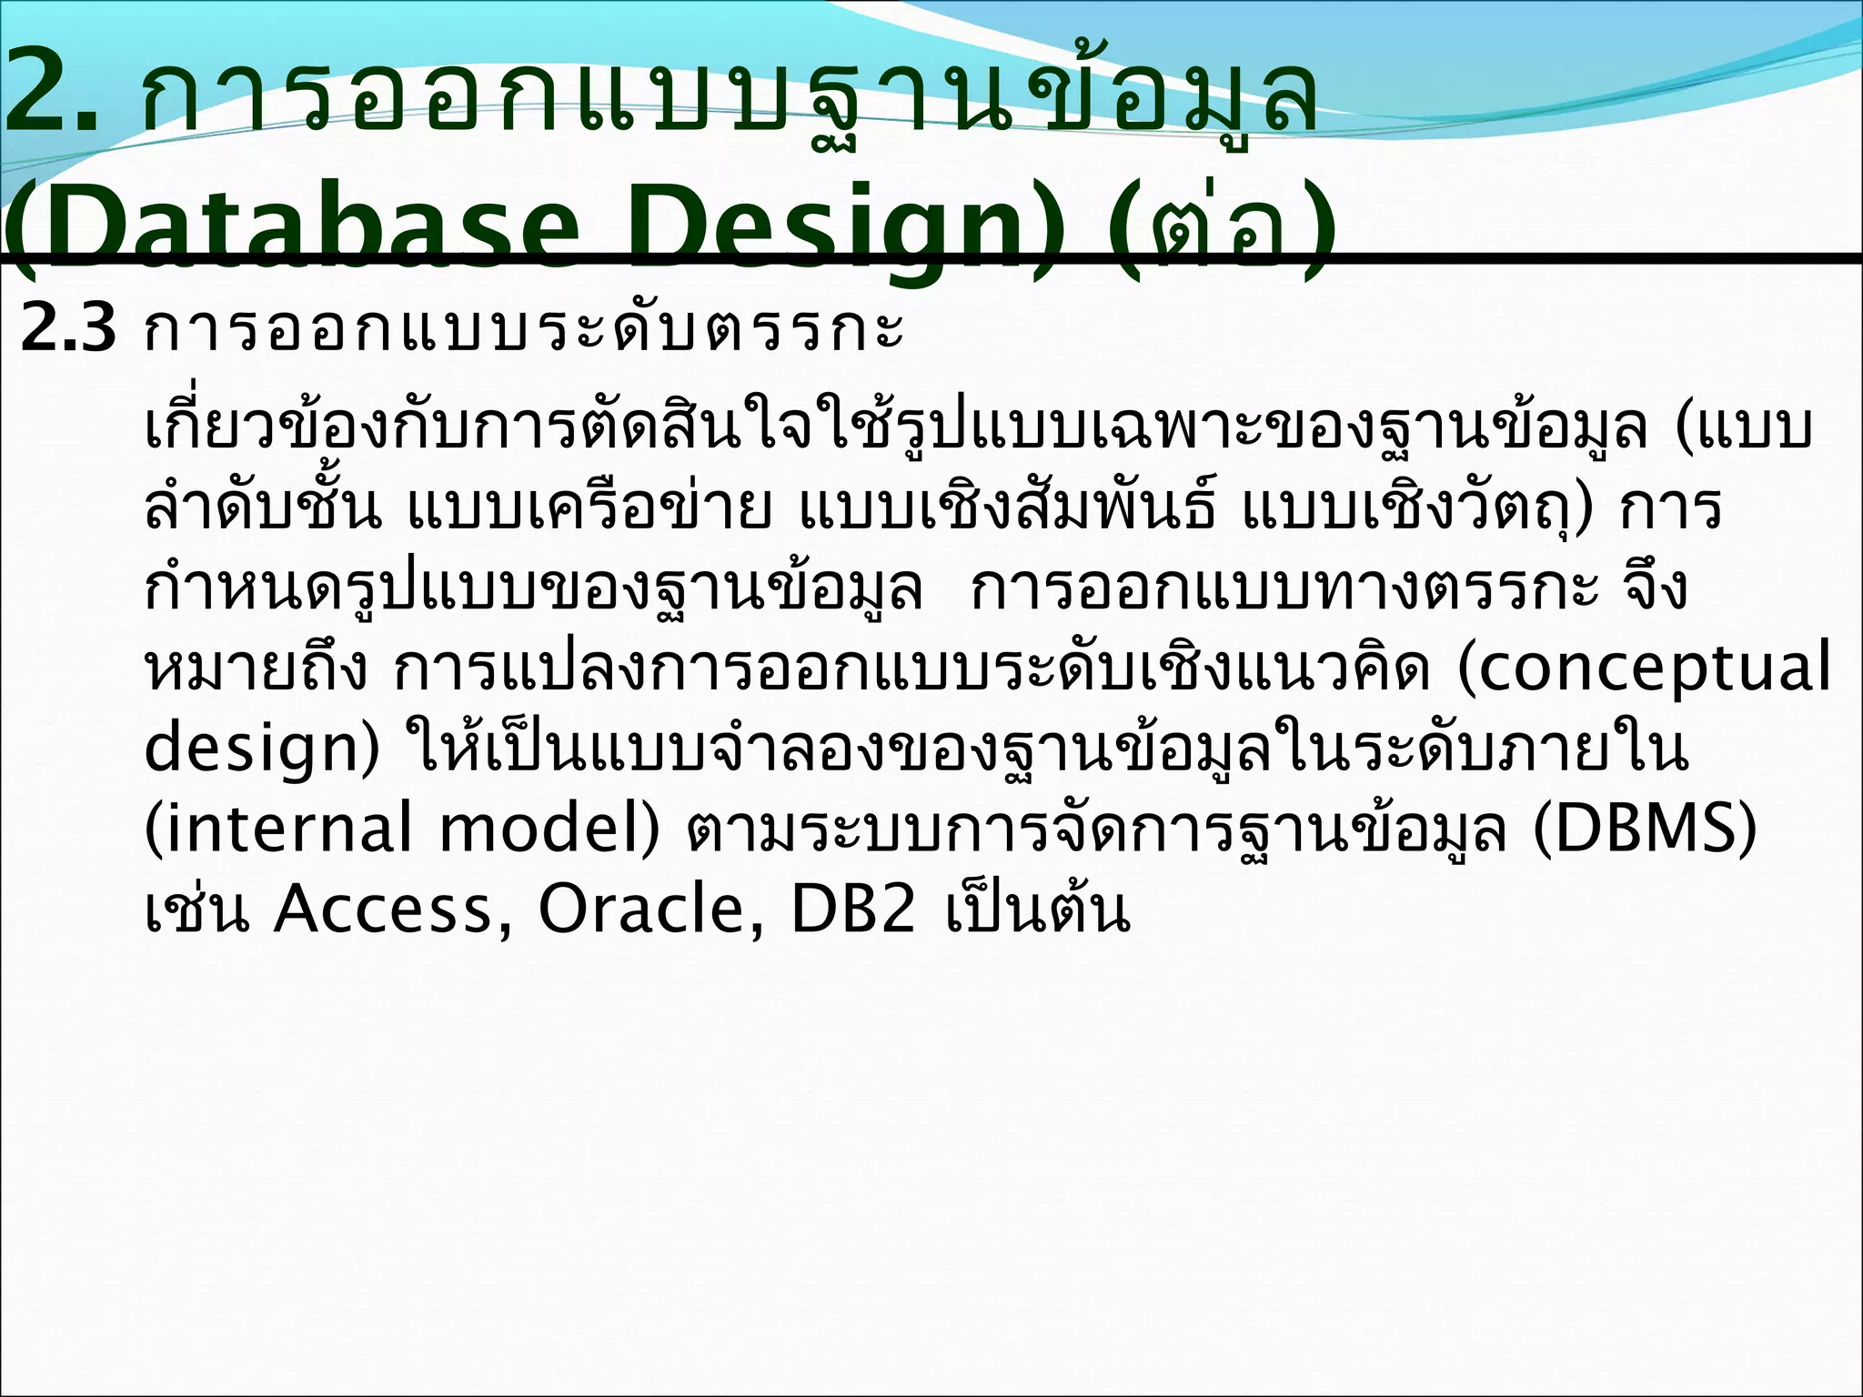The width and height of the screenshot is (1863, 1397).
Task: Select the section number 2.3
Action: point(69,329)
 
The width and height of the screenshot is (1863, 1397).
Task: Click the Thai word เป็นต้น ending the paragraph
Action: point(1038,908)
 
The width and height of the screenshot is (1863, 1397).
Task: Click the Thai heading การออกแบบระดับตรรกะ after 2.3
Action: point(524,329)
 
